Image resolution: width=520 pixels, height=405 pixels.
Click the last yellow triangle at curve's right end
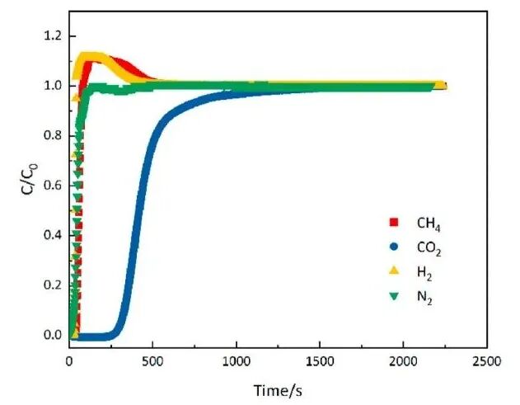tap(440, 84)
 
